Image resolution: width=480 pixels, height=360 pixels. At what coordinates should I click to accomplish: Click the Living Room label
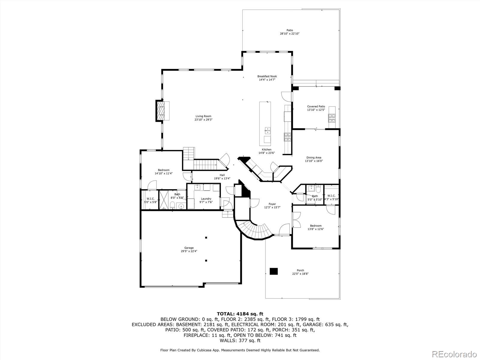tap(203, 116)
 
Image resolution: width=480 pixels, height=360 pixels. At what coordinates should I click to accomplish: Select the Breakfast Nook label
tap(267, 76)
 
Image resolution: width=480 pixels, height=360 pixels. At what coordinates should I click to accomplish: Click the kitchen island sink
tap(267, 130)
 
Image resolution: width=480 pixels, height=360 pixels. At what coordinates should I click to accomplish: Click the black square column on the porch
tap(274, 271)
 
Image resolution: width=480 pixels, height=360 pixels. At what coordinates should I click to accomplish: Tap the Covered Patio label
tap(316, 106)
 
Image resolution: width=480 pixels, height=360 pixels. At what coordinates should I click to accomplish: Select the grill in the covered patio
tap(332, 118)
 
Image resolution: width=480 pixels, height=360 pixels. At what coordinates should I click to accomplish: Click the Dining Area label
tap(314, 157)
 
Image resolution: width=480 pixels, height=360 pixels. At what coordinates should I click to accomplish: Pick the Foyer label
tap(272, 204)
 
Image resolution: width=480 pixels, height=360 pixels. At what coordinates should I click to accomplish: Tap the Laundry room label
tap(206, 199)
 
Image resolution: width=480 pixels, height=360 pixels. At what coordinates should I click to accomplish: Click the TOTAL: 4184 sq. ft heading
tap(240, 314)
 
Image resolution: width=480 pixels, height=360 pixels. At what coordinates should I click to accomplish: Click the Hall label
tap(222, 175)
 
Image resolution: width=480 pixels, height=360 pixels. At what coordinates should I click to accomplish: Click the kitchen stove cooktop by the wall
tap(287, 137)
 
